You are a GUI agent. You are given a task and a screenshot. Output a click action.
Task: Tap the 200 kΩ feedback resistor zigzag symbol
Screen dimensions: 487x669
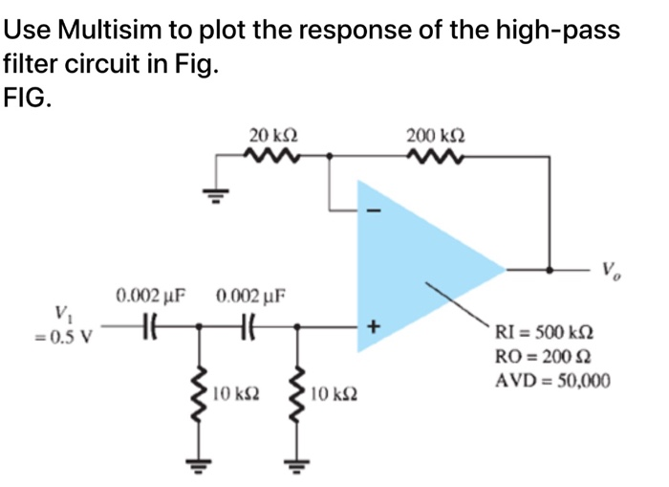(437, 154)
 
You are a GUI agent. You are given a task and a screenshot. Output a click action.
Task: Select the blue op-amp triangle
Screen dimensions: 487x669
(411, 258)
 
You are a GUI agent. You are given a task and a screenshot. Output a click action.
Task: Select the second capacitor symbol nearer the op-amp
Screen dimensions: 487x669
(247, 326)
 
